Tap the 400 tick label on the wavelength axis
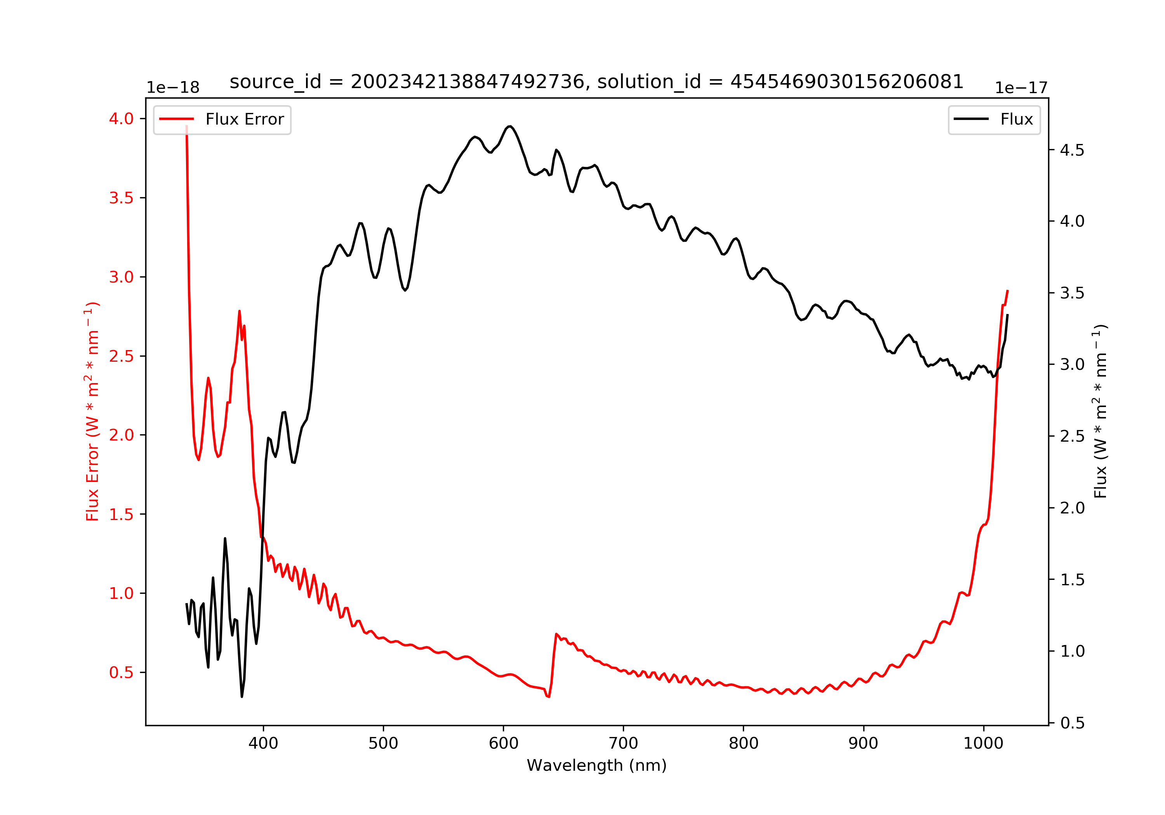pos(263,744)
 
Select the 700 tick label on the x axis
pos(623,744)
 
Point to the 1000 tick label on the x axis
pos(983,744)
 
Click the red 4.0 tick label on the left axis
pos(121,119)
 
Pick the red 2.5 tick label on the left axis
pos(121,356)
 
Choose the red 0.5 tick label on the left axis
pos(121,673)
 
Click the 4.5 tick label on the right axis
pos(1072,150)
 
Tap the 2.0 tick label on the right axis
pos(1072,508)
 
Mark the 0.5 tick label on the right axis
pos(1072,723)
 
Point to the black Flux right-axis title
pos(1100,411)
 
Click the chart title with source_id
pos(596,81)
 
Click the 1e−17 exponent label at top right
pos(1021,88)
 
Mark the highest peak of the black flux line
pos(509,126)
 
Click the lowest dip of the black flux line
pos(242,696)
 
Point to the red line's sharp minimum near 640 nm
pos(548,696)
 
